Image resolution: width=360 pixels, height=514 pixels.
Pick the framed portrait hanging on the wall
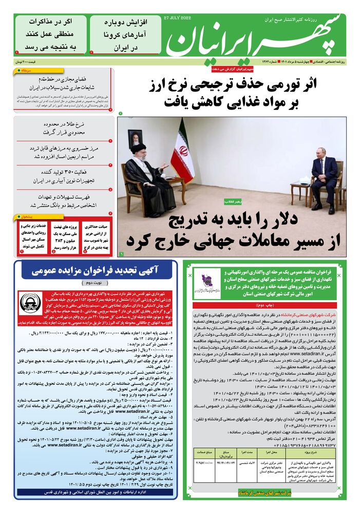click(x=135, y=138)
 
